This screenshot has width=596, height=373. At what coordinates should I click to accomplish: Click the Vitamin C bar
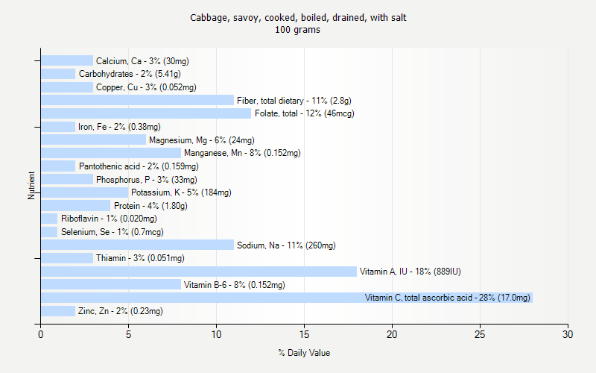coord(287,298)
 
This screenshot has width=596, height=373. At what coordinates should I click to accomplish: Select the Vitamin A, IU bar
coord(199,272)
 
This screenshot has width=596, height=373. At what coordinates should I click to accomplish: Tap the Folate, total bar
coord(146,113)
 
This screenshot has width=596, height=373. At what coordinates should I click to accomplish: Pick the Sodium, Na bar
coord(137,245)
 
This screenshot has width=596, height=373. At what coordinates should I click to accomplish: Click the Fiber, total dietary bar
coord(137,100)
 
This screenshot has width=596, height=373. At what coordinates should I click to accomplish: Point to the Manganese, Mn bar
coord(111,153)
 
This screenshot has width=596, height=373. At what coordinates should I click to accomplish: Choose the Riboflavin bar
coord(49,219)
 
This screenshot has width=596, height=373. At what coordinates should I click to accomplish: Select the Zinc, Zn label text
coord(120,311)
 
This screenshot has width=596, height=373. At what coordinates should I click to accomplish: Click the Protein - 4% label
coord(150,206)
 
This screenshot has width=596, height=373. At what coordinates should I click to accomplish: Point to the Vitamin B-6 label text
coord(234,285)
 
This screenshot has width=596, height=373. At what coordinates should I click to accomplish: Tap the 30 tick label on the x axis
coord(568,334)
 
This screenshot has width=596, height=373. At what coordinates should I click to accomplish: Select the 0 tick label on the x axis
coord(41,334)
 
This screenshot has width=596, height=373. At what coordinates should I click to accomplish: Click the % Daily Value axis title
coord(304,353)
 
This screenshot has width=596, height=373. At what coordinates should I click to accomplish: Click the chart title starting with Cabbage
coord(298,17)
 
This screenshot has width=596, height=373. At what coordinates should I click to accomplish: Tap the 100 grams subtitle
coord(298,31)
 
